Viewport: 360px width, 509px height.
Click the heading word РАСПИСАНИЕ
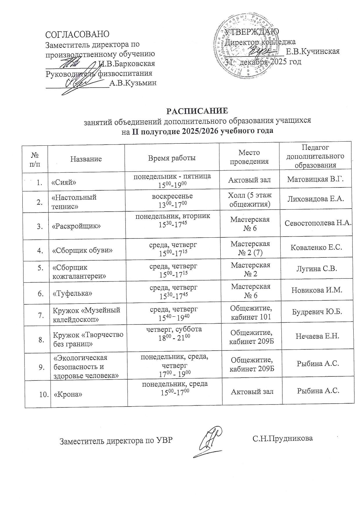pos(197,111)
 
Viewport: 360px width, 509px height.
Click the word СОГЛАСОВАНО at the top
pos(77,34)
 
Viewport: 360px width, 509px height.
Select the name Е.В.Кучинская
pos(313,52)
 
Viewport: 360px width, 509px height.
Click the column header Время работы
pos(172,158)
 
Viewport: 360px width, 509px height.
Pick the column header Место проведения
pos(249,157)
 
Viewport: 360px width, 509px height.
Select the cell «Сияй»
pos(64,182)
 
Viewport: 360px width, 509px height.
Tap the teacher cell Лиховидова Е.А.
pos(316,199)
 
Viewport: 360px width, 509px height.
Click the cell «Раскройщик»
pos(76,226)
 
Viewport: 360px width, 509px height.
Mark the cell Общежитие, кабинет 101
pos(251,312)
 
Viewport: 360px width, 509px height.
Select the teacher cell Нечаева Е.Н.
pos(317,336)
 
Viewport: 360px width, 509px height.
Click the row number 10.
pos(44,394)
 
